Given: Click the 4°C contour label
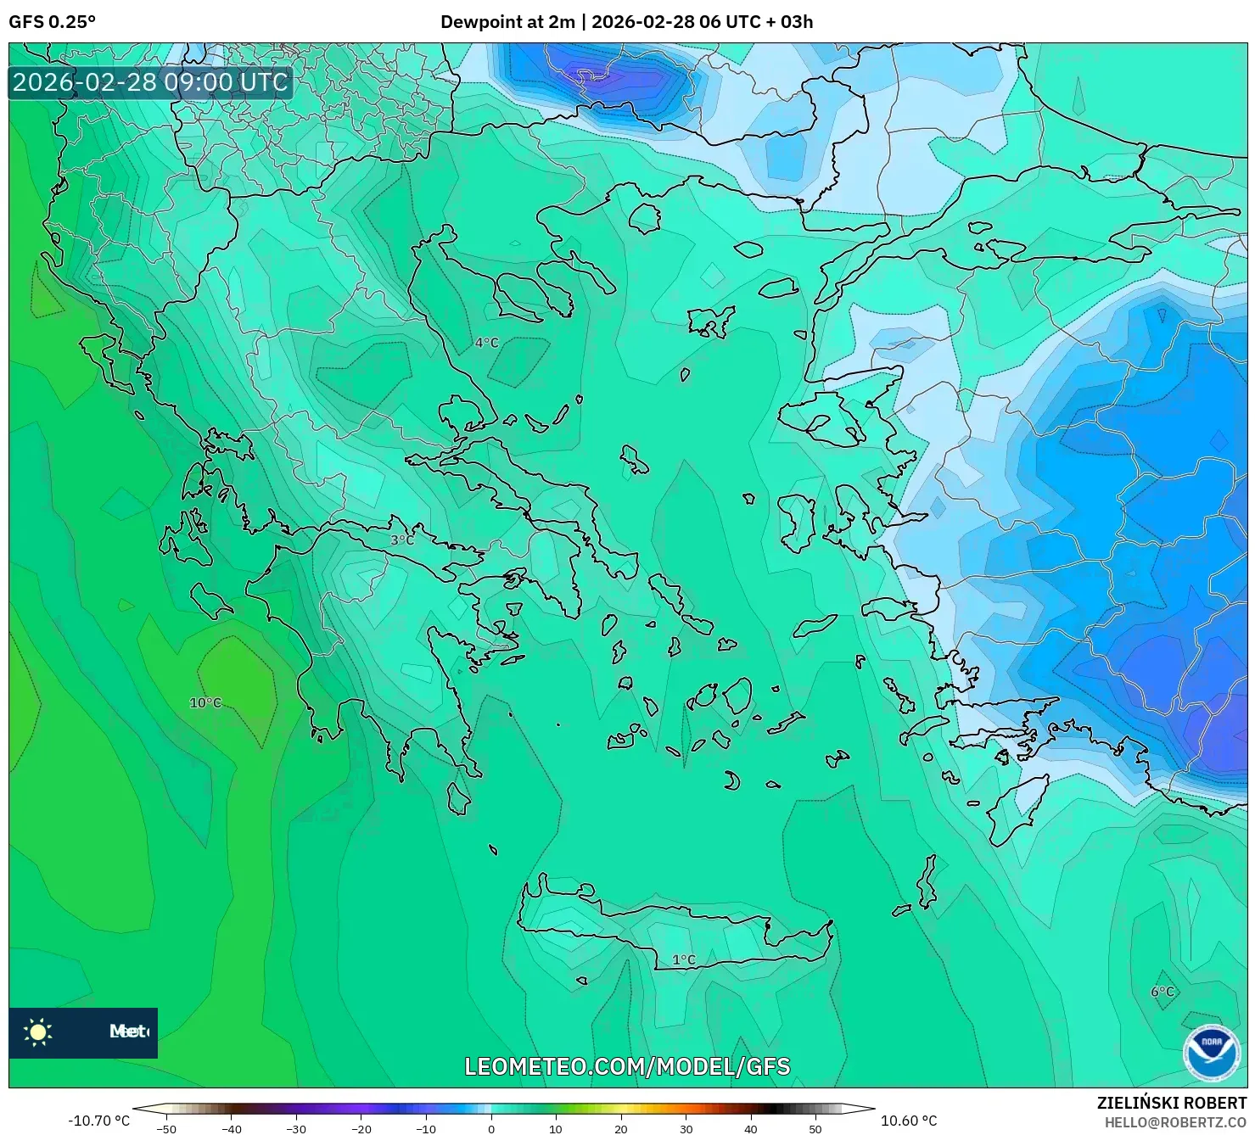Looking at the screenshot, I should [486, 343].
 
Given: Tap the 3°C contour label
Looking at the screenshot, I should [402, 540].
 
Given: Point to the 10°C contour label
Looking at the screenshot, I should [205, 703].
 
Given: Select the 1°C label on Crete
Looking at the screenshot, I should [684, 960].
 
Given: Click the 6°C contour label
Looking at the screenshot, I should [1163, 992].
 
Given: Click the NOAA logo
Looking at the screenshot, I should [1211, 1053].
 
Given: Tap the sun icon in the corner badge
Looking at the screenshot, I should [38, 1032].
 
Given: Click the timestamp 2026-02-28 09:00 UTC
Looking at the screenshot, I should [150, 82].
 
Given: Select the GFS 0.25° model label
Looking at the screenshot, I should [53, 22].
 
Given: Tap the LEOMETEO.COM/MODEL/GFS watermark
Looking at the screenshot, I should [627, 1066].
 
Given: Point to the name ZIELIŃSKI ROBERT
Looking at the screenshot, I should [1171, 1103].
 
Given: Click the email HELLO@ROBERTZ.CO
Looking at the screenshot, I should [1175, 1121].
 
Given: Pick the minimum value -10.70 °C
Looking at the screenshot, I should [99, 1121].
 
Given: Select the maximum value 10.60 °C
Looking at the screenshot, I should [909, 1121].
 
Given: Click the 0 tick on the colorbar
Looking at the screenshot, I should [491, 1129].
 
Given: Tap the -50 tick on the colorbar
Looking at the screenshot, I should [166, 1129].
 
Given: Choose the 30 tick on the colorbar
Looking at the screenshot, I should [686, 1129].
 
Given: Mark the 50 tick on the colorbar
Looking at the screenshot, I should [815, 1129].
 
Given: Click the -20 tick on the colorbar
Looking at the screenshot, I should [361, 1129].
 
